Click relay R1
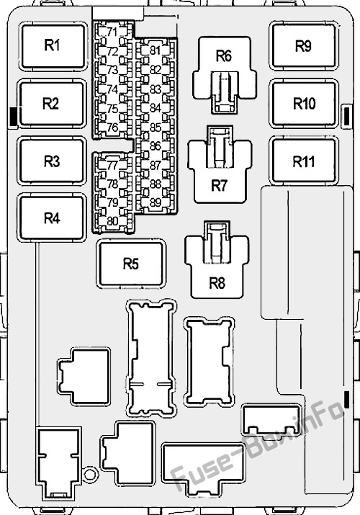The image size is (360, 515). click(x=53, y=46)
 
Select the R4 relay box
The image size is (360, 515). click(x=52, y=218)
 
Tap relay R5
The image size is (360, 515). click(x=131, y=264)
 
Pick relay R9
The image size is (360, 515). click(x=304, y=46)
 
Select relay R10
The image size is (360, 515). click(x=304, y=104)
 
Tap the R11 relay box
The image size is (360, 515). click(x=304, y=161)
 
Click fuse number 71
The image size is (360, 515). click(x=112, y=32)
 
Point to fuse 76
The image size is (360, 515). click(x=112, y=127)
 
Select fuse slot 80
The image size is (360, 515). click(x=112, y=221)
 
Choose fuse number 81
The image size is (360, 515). click(x=156, y=50)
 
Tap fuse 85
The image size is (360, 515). click(x=156, y=127)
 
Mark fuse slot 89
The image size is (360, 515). click(x=156, y=202)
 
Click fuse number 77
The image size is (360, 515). click(x=112, y=165)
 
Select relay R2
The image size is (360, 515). click(x=52, y=104)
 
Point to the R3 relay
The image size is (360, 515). click(x=52, y=161)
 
